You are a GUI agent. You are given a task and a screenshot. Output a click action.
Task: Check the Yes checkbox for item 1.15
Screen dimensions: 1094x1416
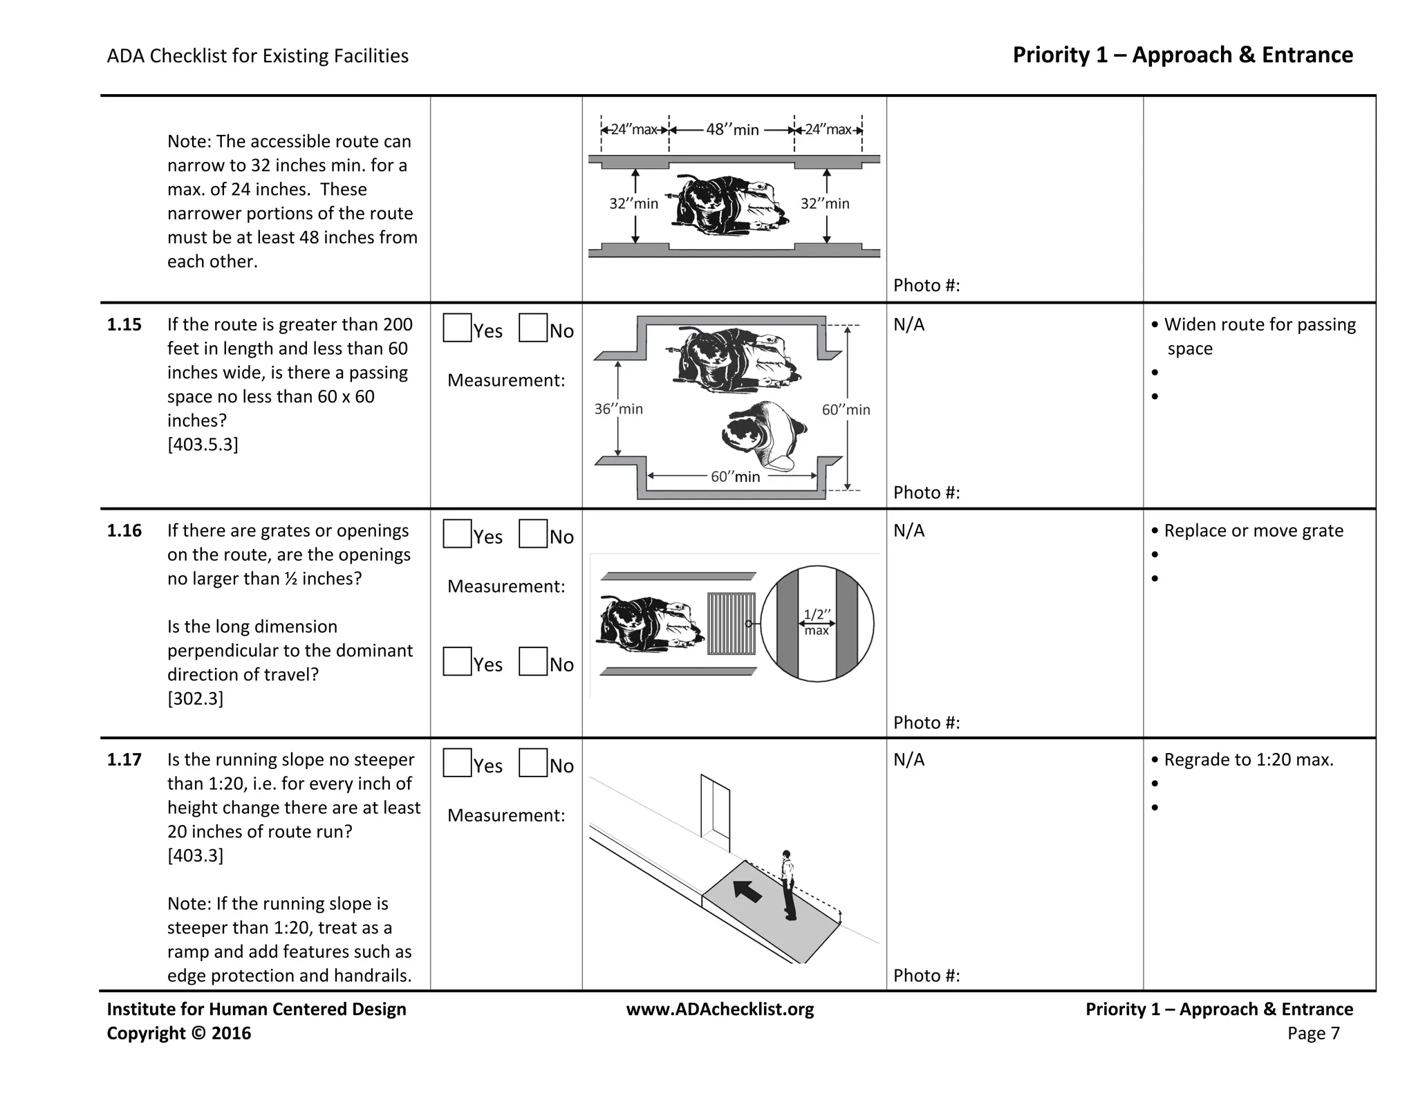(457, 328)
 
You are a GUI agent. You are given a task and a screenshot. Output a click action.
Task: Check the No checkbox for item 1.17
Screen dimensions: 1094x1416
(532, 763)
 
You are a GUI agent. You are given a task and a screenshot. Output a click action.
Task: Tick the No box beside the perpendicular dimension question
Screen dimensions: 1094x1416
(532, 661)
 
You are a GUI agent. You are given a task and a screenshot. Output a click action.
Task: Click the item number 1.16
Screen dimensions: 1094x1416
(124, 530)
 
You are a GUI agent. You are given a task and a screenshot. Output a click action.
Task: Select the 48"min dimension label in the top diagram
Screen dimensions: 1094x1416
(732, 129)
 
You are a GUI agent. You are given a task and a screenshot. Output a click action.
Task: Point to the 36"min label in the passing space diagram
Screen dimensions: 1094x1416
(619, 409)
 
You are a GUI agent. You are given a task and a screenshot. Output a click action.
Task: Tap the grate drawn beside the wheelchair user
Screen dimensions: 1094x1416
(731, 623)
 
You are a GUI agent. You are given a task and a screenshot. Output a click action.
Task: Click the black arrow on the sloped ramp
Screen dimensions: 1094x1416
(747, 891)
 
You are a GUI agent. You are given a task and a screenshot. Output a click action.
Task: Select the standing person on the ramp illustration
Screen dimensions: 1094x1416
(788, 885)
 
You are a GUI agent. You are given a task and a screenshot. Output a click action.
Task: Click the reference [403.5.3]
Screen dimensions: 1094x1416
(203, 444)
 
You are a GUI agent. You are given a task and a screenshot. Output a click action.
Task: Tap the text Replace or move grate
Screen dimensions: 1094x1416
(1253, 530)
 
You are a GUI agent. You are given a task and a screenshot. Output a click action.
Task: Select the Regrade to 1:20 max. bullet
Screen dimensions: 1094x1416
(1248, 759)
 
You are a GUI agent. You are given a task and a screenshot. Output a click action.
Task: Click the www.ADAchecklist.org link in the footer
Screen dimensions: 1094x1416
(720, 1009)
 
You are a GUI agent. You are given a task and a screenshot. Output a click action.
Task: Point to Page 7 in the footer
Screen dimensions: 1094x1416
(1313, 1033)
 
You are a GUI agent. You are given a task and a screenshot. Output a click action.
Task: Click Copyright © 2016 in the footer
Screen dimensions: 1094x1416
(178, 1033)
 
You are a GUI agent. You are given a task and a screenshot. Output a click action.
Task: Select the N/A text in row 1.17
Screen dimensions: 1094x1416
(909, 759)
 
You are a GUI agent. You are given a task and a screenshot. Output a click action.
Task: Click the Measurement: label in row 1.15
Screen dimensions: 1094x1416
(506, 380)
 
